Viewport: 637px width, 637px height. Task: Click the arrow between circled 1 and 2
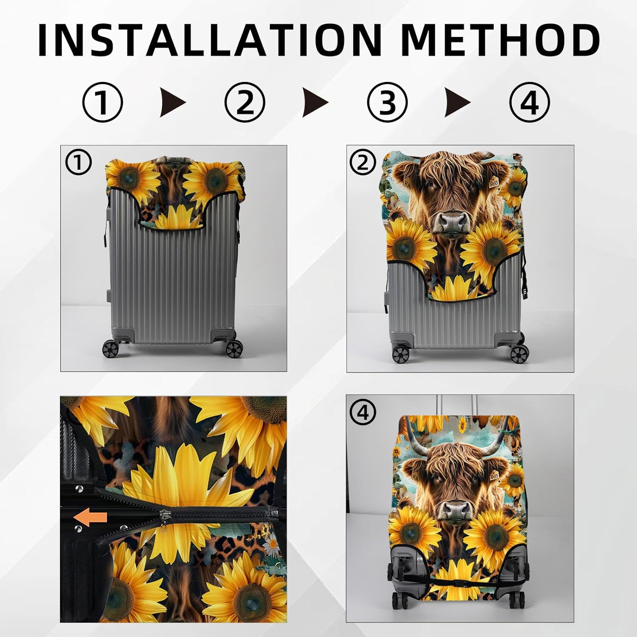coord(172,102)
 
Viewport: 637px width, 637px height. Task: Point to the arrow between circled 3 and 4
coord(457,102)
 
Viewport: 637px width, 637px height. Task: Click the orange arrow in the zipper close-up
coord(90,518)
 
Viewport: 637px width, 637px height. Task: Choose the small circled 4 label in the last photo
coord(362,412)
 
